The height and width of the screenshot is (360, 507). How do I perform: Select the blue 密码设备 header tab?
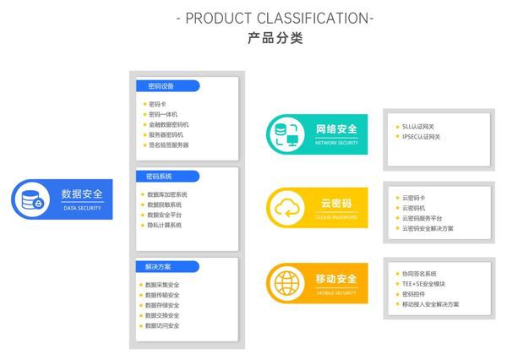[x=166, y=85]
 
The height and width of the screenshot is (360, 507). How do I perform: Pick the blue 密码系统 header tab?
[x=166, y=177]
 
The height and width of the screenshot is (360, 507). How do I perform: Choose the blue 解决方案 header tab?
[x=166, y=267]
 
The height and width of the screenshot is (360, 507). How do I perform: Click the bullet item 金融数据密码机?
[x=168, y=124]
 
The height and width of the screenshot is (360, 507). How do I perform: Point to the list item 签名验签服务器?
[x=168, y=145]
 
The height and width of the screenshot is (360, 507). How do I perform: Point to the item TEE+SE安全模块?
[x=423, y=284]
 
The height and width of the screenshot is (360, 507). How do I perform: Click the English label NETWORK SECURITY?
[x=336, y=143]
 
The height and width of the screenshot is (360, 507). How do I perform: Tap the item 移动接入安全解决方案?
[x=431, y=304]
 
